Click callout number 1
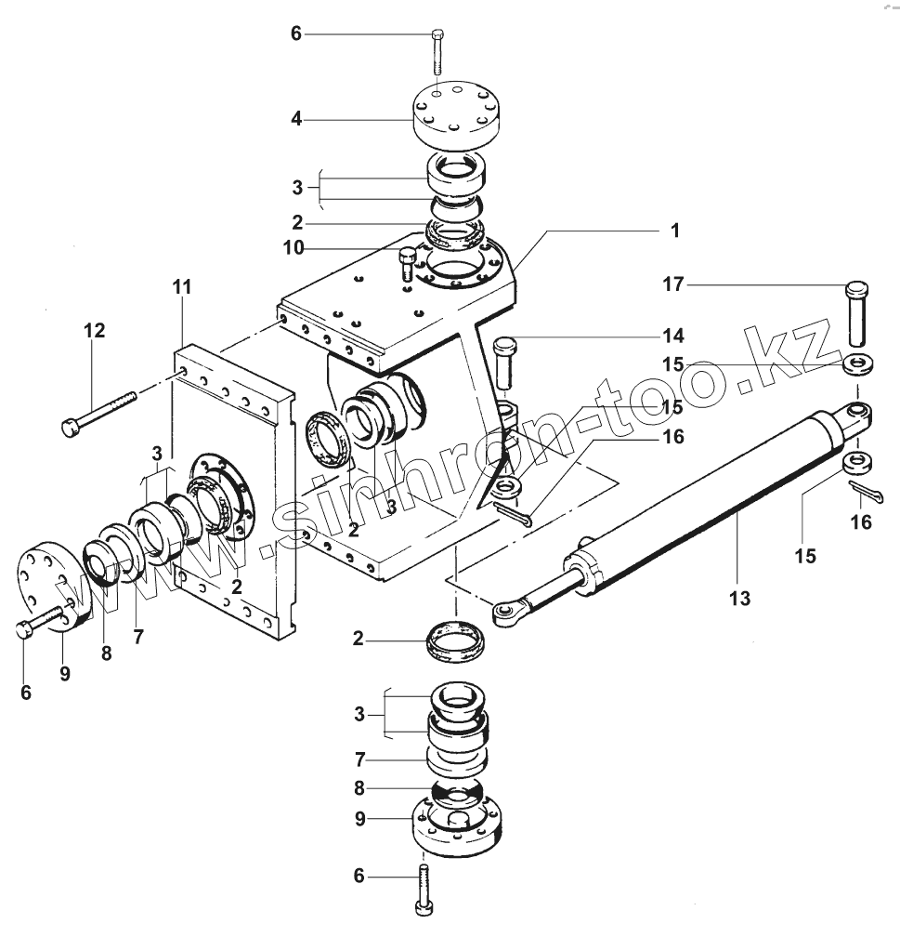[675, 231]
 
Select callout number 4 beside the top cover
[296, 119]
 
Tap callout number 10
[293, 247]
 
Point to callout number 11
[182, 287]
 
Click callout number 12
[95, 331]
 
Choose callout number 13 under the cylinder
[739, 598]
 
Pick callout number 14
[673, 336]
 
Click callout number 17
[673, 284]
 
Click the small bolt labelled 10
[406, 264]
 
